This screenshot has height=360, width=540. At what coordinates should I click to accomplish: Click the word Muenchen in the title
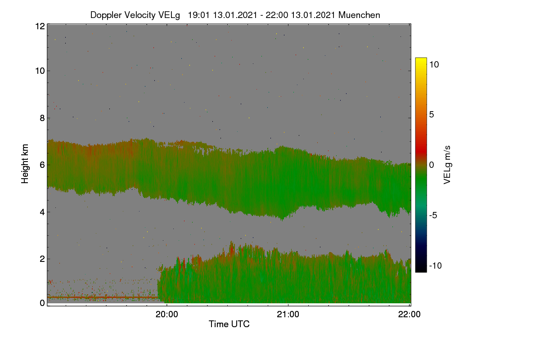359,15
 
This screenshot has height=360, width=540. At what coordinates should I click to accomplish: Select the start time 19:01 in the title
198,15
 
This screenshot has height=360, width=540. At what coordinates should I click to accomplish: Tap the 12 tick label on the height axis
40,26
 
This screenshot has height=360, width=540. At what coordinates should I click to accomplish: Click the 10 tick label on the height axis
40,71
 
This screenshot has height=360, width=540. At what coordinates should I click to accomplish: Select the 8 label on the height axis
42,118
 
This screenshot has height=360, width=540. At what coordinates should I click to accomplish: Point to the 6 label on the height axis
42,165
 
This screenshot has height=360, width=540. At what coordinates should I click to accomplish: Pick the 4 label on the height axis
42,212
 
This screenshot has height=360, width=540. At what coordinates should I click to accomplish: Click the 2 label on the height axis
42,259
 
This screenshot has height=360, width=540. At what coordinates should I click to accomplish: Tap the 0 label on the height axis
42,303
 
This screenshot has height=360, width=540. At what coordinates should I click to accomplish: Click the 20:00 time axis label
167,314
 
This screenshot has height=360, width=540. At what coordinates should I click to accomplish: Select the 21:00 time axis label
288,314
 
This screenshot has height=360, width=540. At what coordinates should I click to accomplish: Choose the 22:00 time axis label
409,314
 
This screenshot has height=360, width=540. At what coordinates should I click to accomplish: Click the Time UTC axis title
229,324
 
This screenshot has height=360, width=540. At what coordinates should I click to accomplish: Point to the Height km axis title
25,164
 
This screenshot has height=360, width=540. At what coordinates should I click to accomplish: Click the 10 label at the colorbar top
434,64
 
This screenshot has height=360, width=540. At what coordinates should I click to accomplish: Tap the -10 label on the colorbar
436,265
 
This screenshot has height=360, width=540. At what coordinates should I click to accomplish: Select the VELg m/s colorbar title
447,165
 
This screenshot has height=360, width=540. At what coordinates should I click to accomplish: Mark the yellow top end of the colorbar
421,59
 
